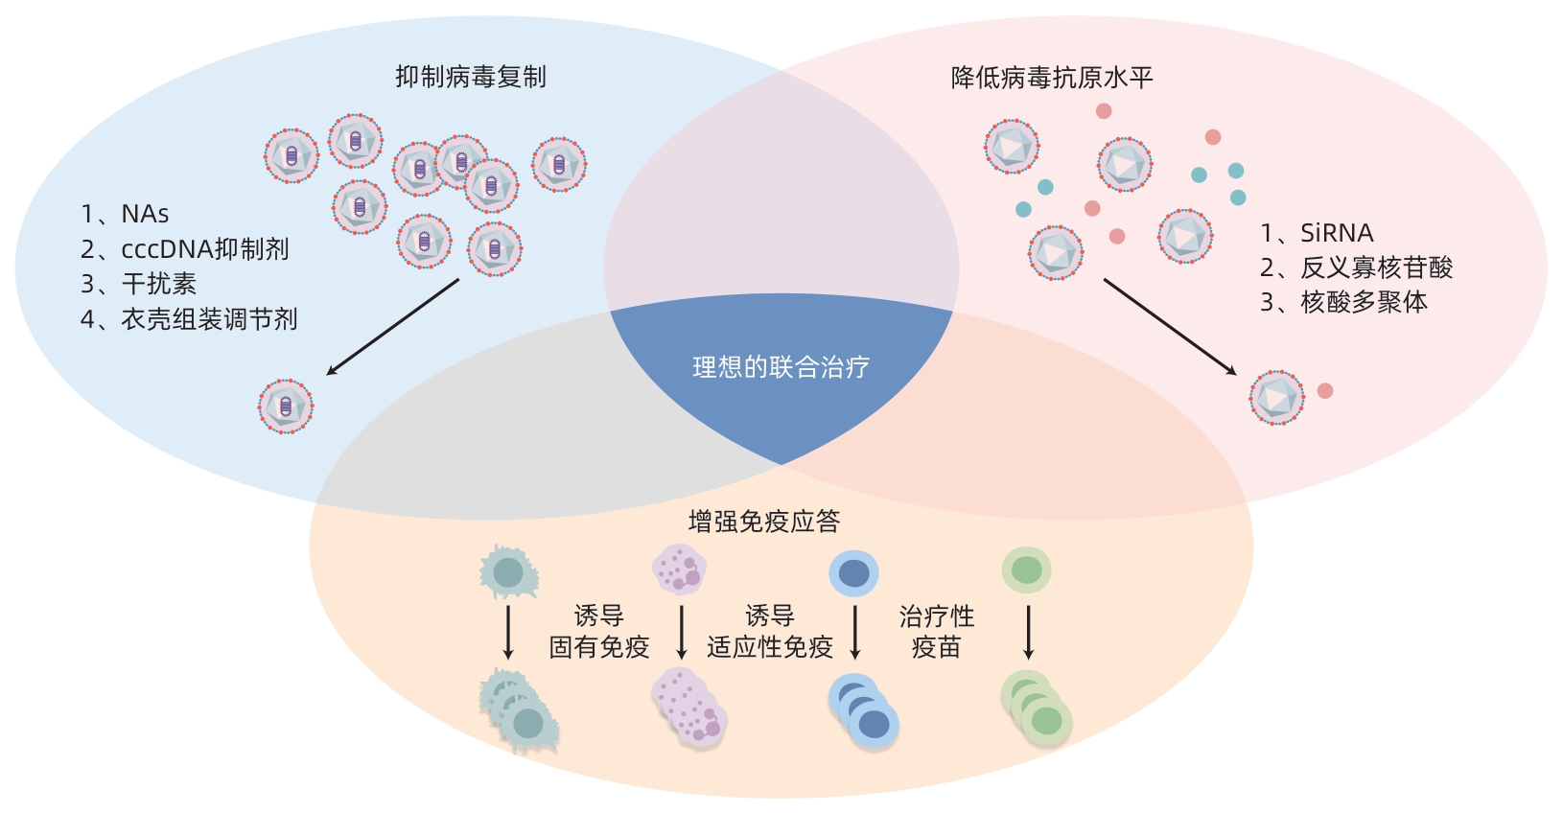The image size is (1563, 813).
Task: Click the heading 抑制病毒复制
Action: click(x=471, y=77)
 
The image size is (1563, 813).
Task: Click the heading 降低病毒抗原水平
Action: click(x=1051, y=78)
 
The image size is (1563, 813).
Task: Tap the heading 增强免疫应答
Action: click(x=764, y=522)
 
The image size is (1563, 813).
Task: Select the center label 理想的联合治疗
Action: click(x=781, y=367)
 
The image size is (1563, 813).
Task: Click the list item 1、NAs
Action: click(x=125, y=214)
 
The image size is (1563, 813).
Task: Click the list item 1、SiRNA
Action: click(x=1317, y=233)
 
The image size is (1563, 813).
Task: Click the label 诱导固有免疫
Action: click(x=599, y=632)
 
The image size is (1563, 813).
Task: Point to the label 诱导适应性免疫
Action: click(x=770, y=632)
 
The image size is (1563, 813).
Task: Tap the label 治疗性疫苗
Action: click(x=936, y=632)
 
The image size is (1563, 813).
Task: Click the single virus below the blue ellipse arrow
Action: click(x=286, y=406)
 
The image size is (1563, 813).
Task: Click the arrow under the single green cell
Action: click(x=1028, y=632)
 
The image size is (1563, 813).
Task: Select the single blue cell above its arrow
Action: click(x=853, y=573)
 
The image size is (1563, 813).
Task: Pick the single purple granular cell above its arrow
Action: click(x=679, y=569)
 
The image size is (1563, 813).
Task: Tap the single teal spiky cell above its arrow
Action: click(x=508, y=572)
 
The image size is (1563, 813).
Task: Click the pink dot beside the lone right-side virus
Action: click(x=1325, y=391)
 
